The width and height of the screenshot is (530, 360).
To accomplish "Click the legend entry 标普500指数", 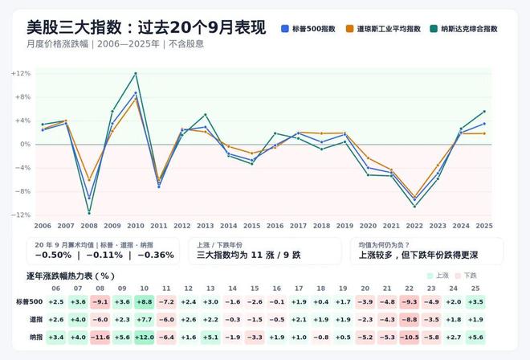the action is [x=308, y=29].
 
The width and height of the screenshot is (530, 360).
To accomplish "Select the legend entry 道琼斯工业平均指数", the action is [x=383, y=29].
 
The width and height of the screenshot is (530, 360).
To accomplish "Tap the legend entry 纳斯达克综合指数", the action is [x=464, y=29].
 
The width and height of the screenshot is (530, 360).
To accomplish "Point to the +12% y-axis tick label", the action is [x=21, y=73].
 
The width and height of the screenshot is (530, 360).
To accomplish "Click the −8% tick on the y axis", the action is [x=22, y=191].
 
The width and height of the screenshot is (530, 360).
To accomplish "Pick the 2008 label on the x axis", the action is [x=89, y=226].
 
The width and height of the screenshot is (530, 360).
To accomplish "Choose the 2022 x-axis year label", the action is [x=414, y=226].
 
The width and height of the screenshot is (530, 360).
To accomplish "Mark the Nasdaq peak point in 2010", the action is [x=136, y=73].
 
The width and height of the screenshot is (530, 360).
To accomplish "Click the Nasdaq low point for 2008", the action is [x=89, y=213].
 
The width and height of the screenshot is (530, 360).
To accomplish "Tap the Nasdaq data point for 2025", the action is [x=484, y=112].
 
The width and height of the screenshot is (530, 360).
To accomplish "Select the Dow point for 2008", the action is [x=89, y=180].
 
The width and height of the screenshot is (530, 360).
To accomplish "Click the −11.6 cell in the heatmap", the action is [x=100, y=337].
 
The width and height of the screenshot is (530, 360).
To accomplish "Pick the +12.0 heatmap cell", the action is [x=145, y=337].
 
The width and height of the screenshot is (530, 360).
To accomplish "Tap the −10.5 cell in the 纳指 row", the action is [x=410, y=337].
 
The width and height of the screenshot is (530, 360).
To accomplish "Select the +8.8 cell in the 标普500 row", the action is [x=145, y=302].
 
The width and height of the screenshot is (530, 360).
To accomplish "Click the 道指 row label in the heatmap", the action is [x=36, y=319].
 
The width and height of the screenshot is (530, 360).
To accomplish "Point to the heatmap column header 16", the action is [x=277, y=288].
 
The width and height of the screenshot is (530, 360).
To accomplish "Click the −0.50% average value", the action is [x=53, y=255].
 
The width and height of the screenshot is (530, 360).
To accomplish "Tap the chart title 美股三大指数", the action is [x=74, y=27].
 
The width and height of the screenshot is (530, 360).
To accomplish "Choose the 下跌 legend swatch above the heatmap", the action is [x=458, y=276].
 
